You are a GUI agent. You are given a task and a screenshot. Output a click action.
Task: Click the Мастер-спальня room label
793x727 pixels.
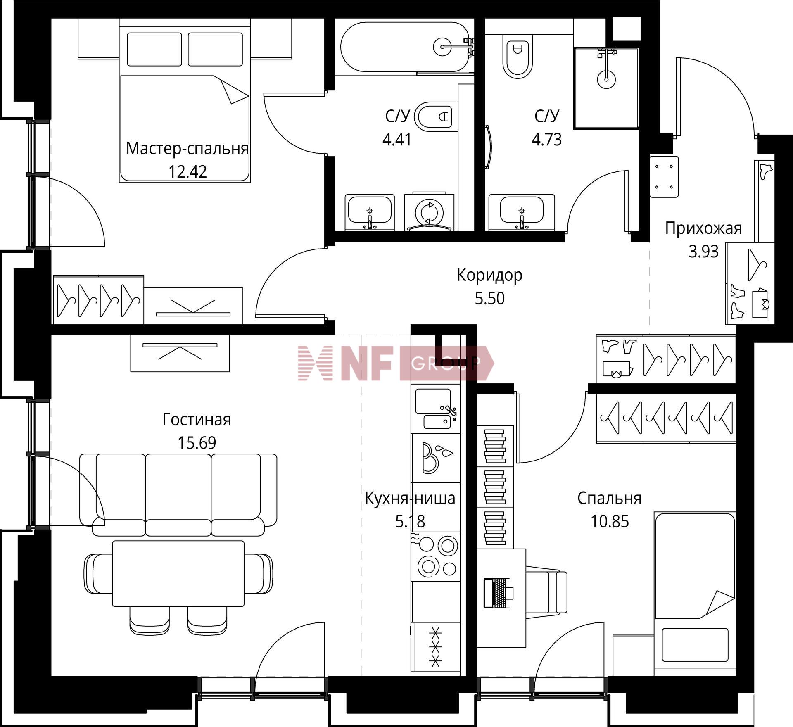[x=187, y=148]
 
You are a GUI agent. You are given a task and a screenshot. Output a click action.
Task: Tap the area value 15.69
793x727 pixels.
[x=197, y=443]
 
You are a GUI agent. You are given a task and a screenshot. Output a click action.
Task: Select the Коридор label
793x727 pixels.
[x=489, y=275]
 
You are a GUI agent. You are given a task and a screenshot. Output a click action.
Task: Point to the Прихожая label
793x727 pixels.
[x=703, y=228]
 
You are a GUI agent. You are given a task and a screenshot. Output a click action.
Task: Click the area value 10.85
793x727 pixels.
[x=609, y=521]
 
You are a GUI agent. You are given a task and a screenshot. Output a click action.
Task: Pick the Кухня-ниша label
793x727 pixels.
[x=410, y=498]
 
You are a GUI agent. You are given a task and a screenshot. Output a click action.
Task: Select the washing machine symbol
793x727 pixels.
[x=430, y=211]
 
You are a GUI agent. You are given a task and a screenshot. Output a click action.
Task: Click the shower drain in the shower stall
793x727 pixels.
[x=606, y=78]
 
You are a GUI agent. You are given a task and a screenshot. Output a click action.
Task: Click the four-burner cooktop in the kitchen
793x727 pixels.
[x=437, y=556]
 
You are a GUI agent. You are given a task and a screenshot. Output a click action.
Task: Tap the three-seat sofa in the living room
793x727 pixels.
[x=178, y=495]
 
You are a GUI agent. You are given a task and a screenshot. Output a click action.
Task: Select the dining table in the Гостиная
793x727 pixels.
[x=178, y=573]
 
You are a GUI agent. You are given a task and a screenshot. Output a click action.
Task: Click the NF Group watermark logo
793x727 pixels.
[x=396, y=363]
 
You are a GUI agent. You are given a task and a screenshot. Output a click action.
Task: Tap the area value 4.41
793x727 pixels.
[x=397, y=140]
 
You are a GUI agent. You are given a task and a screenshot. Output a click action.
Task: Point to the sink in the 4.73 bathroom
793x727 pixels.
[x=522, y=212]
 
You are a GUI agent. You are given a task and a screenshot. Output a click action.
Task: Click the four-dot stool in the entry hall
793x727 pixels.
[x=664, y=176]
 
